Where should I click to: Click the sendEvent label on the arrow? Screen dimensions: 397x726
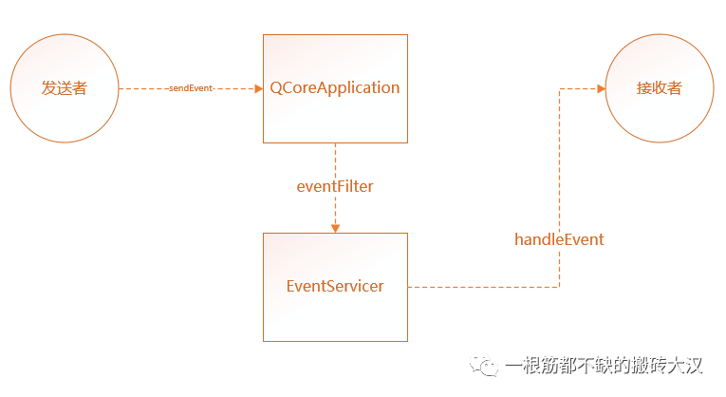(191, 88)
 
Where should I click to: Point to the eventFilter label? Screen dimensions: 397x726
(335, 187)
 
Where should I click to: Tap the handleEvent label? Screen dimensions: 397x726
(559, 239)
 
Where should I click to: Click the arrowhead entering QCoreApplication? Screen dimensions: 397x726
(257, 88)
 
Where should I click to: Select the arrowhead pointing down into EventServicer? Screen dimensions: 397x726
(335, 228)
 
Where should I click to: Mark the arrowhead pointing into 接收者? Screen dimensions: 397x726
(600, 88)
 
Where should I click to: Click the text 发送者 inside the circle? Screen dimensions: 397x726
(65, 88)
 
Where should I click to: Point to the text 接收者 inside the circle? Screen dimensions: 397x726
(660, 88)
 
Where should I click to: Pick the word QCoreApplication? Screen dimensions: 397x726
(335, 88)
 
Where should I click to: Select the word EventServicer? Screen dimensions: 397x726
(335, 286)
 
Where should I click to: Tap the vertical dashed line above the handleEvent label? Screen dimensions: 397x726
(559, 161)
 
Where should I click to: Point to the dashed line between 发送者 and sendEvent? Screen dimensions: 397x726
(142, 88)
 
